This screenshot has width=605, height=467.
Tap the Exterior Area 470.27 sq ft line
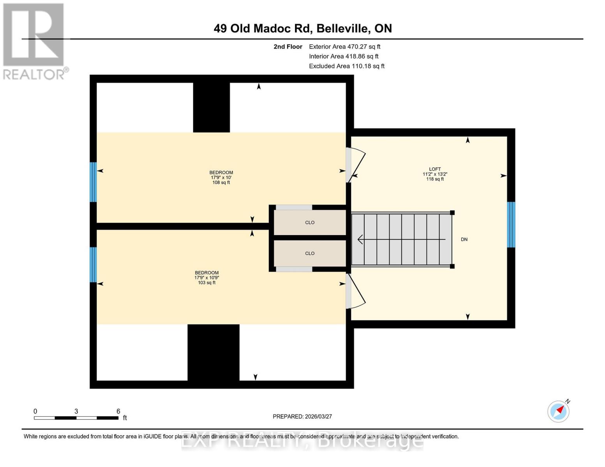pyautogui.click(x=344, y=47)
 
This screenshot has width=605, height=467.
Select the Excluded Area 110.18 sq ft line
pyautogui.click(x=346, y=66)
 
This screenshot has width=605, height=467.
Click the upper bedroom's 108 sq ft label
pyautogui.click(x=221, y=183)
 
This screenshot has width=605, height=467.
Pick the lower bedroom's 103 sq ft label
pyautogui.click(x=206, y=283)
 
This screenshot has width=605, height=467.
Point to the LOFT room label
pyautogui.click(x=435, y=169)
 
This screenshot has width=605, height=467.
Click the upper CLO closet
pyautogui.click(x=310, y=223)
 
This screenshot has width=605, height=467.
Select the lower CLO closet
pyautogui.click(x=310, y=253)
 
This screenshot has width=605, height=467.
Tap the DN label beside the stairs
pyautogui.click(x=464, y=240)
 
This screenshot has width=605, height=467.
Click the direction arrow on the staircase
pyautogui.click(x=401, y=240)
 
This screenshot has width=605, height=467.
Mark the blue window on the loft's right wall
pyautogui.click(x=511, y=225)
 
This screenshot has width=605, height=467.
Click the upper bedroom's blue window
pyautogui.click(x=93, y=182)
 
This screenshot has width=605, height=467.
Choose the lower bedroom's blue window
pyautogui.click(x=93, y=265)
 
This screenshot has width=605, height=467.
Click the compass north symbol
pyautogui.click(x=558, y=411)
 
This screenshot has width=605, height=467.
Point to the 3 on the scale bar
pyautogui.click(x=76, y=411)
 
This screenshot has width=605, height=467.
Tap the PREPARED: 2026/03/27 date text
pyautogui.click(x=302, y=417)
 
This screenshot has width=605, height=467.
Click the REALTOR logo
pyautogui.click(x=34, y=41)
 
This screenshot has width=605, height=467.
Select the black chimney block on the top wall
pyautogui.click(x=211, y=107)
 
